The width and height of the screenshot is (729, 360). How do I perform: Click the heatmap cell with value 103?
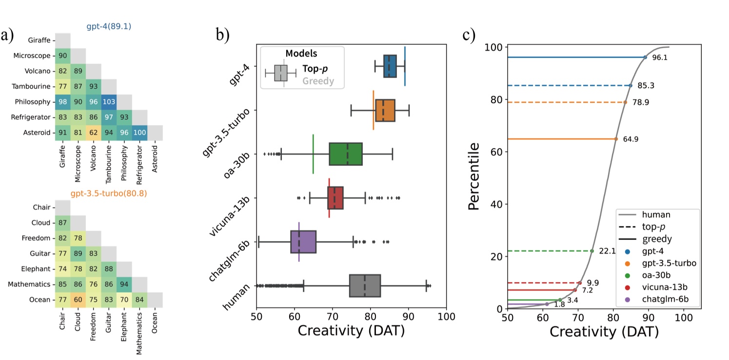(x=109, y=102)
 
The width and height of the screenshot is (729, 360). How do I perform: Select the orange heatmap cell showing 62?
(x=93, y=133)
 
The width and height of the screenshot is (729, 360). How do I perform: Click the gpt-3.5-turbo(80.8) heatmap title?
(x=108, y=193)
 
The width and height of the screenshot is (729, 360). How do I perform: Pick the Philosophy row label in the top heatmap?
(x=32, y=102)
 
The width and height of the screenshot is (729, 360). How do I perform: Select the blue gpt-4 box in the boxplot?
(x=390, y=66)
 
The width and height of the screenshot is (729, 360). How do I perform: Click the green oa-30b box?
(x=346, y=154)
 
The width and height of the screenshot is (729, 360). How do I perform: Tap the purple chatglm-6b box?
(x=303, y=241)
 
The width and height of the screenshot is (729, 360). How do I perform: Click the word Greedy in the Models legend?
(x=318, y=81)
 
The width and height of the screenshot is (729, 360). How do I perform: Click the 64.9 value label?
(x=630, y=139)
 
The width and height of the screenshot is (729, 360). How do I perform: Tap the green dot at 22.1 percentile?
(x=592, y=251)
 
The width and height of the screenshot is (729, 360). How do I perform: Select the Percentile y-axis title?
(x=475, y=176)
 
